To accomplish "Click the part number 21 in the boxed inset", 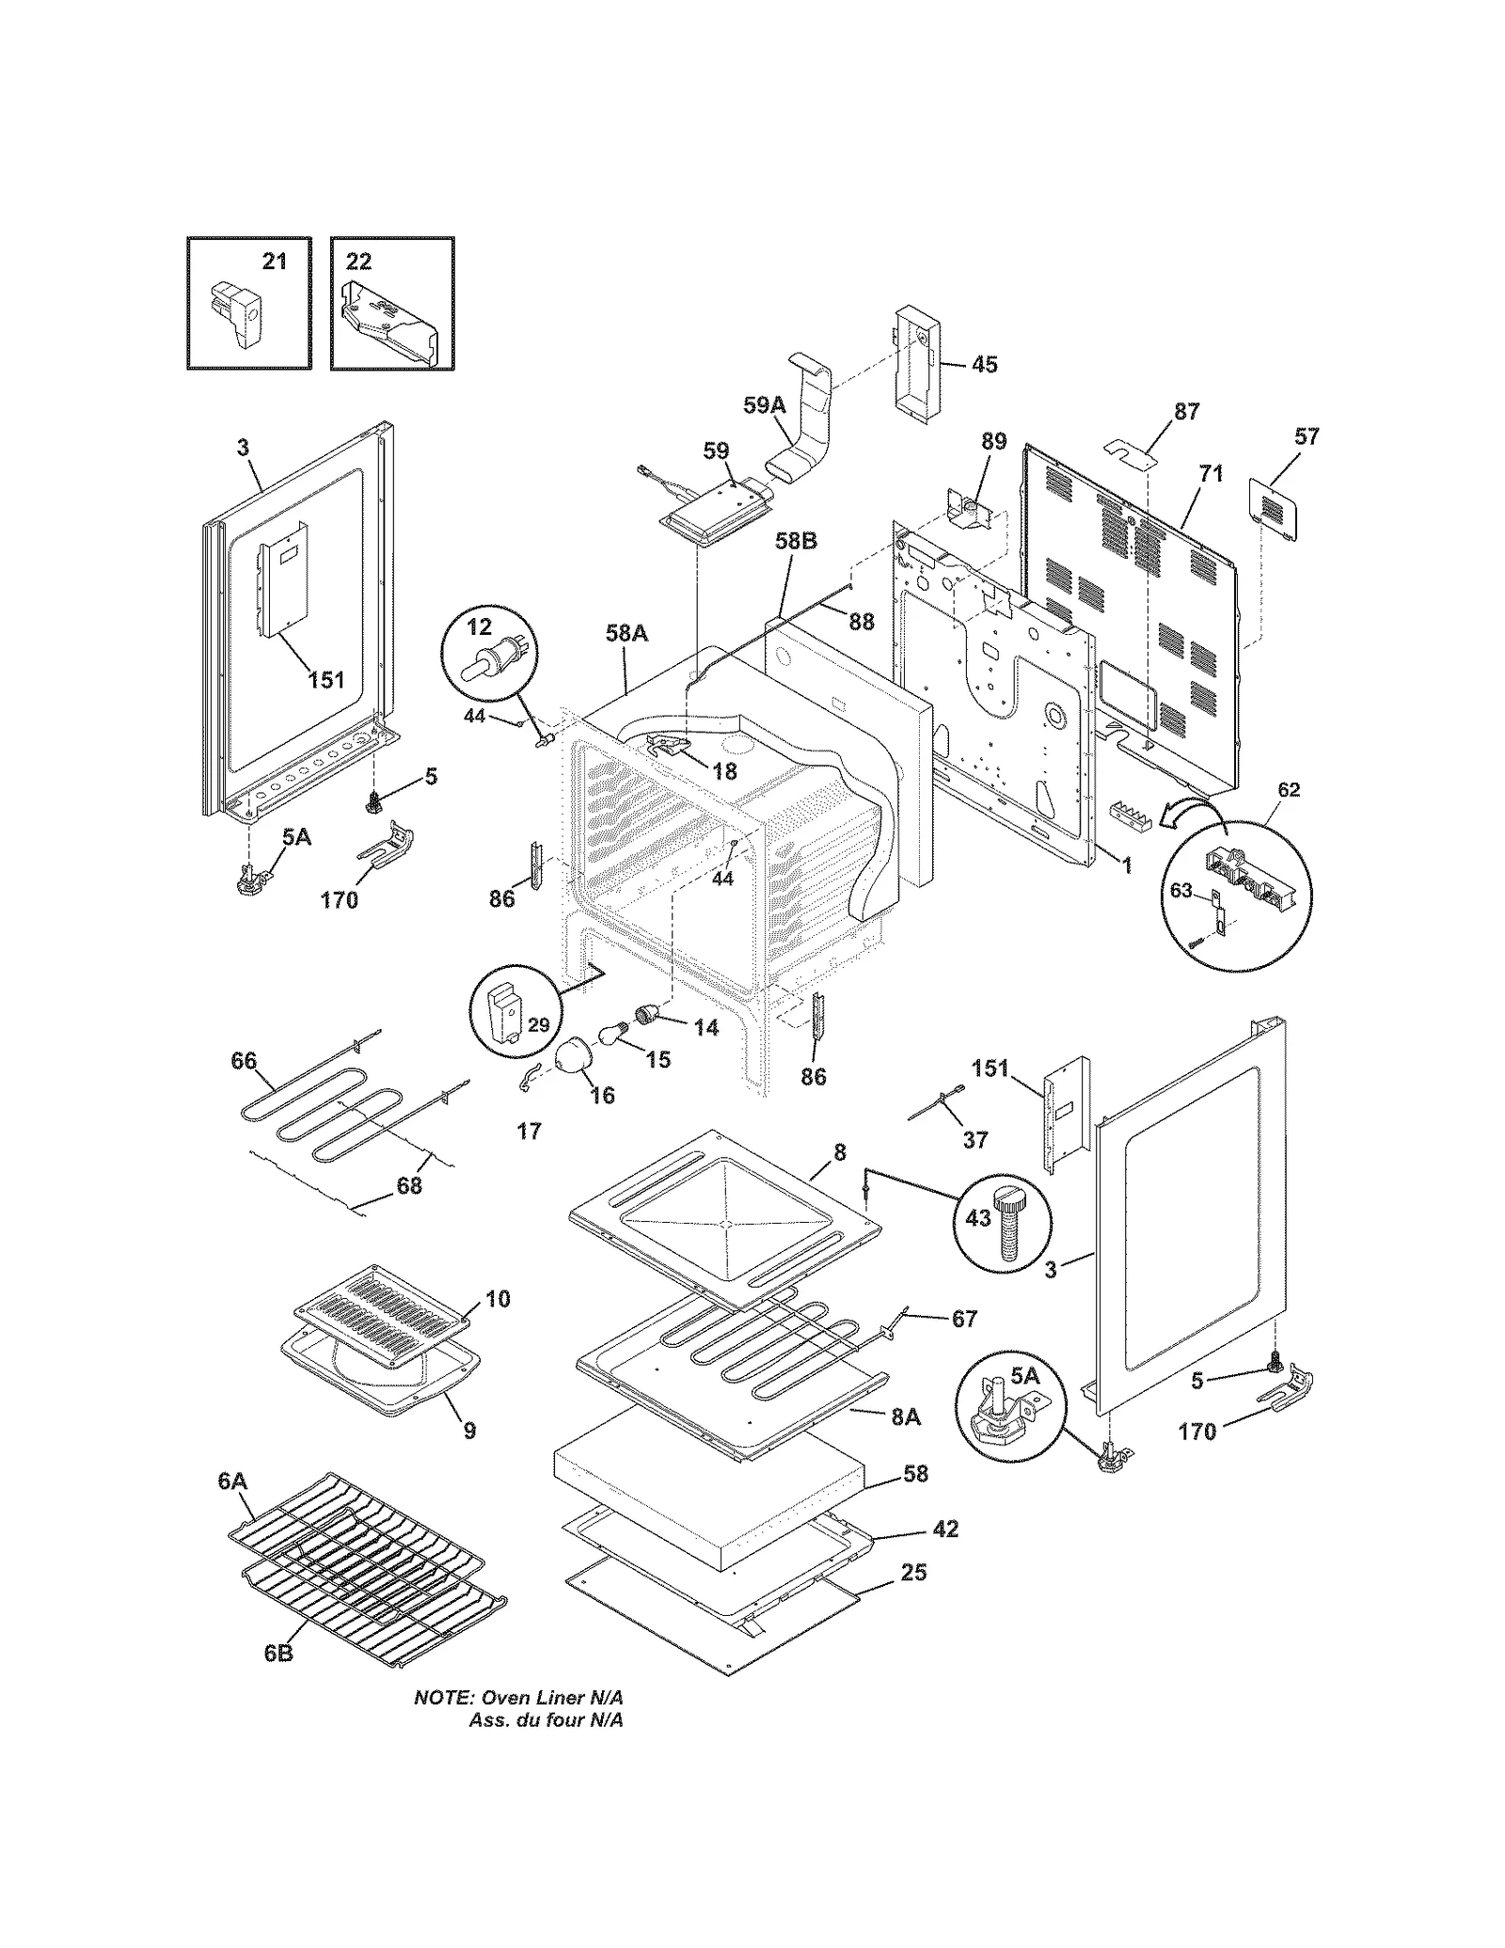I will (x=274, y=261).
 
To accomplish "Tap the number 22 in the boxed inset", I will (x=358, y=261).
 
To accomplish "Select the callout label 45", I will (x=984, y=364).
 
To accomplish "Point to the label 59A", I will (x=764, y=405).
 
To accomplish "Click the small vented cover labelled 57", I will (x=1271, y=508).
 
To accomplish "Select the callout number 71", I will (x=1211, y=474).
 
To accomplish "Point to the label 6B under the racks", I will (x=277, y=1653).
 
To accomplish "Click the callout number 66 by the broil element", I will (x=244, y=1061).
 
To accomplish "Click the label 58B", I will (x=796, y=541).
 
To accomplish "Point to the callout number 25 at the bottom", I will (x=913, y=1572).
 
